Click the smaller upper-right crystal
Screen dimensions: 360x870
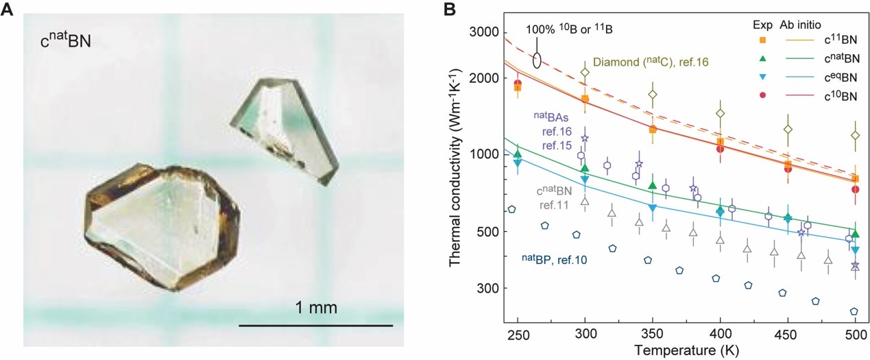pos(285,127)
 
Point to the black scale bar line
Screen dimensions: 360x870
pos(315,324)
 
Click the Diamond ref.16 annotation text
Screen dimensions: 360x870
pos(651,62)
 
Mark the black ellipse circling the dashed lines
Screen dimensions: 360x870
pos(538,60)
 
